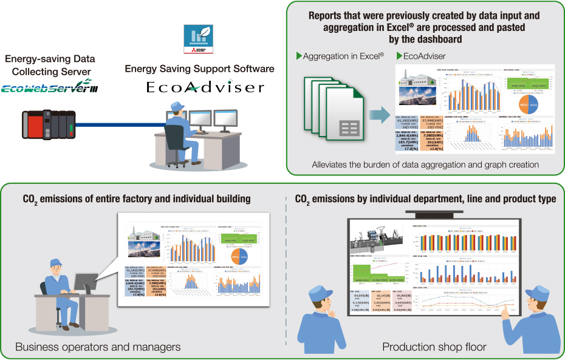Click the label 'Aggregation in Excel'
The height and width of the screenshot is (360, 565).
pos(343,56)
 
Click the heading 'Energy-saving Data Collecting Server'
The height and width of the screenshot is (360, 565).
pos(50,64)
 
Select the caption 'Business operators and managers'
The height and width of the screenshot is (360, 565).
pos(98,347)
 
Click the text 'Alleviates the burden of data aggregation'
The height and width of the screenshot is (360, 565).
pos(425,164)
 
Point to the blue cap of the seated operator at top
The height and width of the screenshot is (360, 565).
pos(178,106)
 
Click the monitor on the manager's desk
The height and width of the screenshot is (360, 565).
pos(85,282)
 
